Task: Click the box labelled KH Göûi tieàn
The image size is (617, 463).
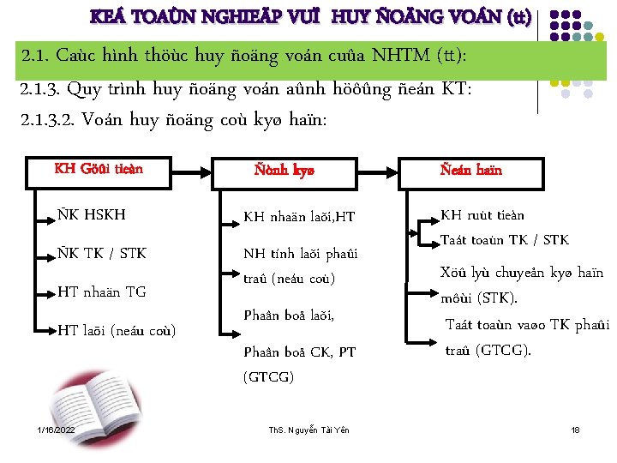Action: (x=98, y=168)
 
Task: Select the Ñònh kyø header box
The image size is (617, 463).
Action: (x=284, y=170)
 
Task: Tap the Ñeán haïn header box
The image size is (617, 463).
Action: (x=471, y=170)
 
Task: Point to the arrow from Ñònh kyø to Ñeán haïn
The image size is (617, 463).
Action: (x=377, y=170)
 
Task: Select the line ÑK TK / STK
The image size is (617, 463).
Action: (x=102, y=253)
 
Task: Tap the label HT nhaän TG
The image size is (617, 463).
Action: (x=102, y=292)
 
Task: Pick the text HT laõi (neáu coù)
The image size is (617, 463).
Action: (x=117, y=330)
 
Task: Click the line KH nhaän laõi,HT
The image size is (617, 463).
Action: (x=299, y=217)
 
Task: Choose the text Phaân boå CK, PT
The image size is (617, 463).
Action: (x=299, y=352)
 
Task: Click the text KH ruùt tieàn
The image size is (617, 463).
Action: (x=482, y=214)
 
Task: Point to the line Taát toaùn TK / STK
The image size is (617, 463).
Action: (x=504, y=240)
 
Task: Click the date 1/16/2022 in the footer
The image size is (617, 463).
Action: (x=56, y=429)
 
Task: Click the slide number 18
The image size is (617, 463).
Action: (x=576, y=429)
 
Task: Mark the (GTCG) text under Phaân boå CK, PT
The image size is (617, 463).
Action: (x=268, y=376)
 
